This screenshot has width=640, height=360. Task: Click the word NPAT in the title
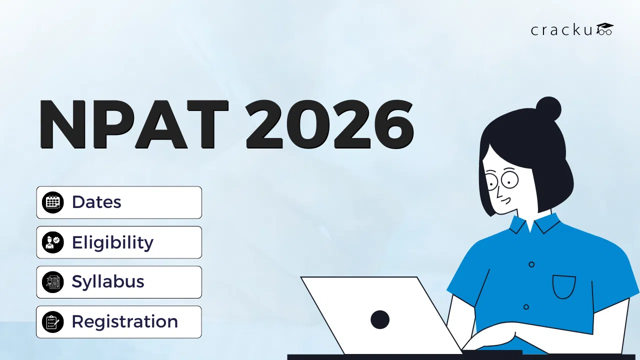(133, 125)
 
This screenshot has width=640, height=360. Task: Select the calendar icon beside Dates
(52, 202)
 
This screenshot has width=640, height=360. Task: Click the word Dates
(96, 202)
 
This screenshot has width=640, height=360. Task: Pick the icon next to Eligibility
(52, 242)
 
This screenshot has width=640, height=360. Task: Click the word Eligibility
(112, 242)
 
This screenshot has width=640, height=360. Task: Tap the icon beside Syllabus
(52, 282)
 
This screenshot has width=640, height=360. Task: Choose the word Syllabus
(108, 282)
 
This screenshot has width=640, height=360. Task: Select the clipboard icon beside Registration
(52, 322)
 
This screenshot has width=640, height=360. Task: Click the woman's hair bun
(548, 108)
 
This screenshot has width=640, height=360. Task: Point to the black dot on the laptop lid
(380, 319)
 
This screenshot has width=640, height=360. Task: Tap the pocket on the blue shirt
(564, 286)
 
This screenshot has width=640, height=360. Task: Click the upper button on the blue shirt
(531, 264)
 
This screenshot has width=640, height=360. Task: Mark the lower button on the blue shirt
(526, 306)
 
